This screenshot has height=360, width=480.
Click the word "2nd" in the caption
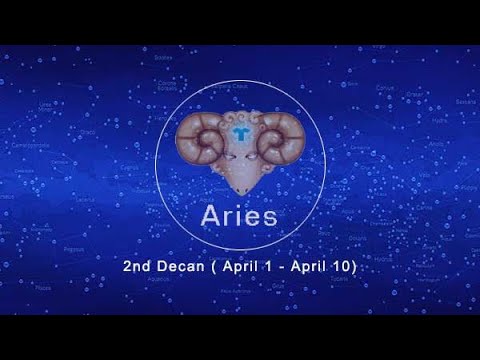pos(138,268)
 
